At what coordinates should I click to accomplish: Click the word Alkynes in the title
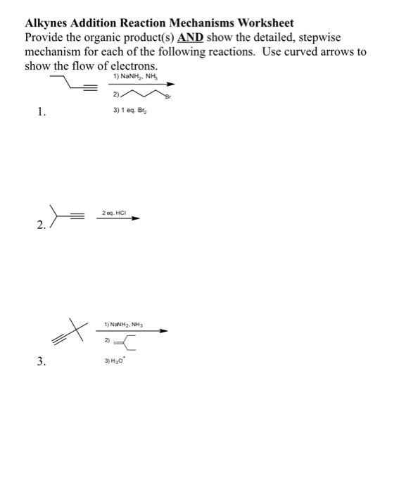click(49, 23)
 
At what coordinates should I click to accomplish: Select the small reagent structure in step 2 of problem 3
click(129, 343)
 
